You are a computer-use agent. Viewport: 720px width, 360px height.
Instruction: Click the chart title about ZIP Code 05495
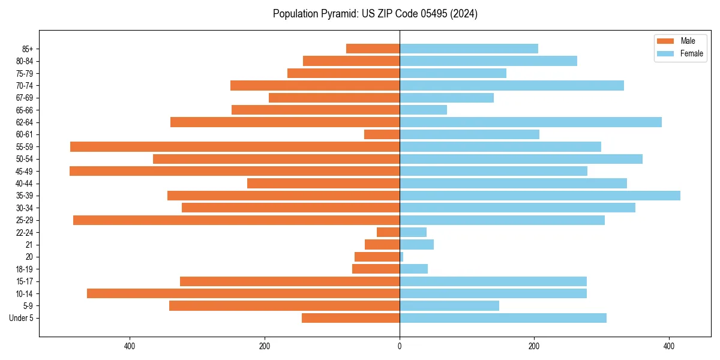(375, 14)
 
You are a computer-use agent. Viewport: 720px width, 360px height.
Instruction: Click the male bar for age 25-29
(236, 220)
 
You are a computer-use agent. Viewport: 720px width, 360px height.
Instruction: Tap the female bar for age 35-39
(540, 196)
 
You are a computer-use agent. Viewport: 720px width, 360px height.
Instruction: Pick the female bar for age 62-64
(530, 122)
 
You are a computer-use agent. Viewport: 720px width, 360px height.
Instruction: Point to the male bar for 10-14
(243, 293)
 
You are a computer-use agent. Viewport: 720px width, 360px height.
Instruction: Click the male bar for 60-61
(382, 134)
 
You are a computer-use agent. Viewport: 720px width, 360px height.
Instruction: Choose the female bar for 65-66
(423, 110)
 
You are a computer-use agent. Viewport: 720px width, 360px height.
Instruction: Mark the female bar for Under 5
(503, 318)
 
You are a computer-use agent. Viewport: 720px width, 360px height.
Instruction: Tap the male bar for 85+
(373, 49)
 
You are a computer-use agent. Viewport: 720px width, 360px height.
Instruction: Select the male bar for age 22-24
(388, 232)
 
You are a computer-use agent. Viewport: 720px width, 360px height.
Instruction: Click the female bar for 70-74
(512, 86)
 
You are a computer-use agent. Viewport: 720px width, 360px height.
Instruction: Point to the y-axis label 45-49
(25, 171)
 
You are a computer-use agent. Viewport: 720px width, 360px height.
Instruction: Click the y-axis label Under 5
(21, 318)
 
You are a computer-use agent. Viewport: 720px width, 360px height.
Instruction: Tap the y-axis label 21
(29, 245)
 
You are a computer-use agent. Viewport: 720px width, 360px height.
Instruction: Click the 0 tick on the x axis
(400, 346)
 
